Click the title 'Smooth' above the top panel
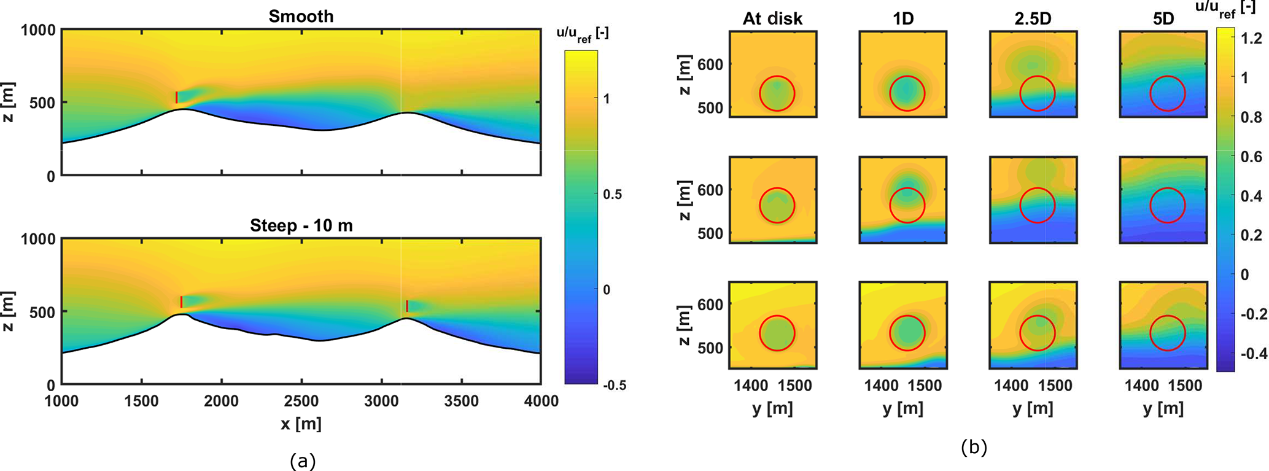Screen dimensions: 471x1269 301,17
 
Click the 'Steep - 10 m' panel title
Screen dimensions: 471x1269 301,226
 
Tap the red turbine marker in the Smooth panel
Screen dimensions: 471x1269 177,97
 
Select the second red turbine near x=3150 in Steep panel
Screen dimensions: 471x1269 406,306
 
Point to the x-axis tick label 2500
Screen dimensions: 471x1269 301,402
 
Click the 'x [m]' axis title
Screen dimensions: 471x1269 301,424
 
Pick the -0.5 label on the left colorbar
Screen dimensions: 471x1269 614,386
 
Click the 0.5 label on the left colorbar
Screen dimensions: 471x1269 612,194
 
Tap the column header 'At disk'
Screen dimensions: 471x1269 772,18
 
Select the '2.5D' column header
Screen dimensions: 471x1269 1033,18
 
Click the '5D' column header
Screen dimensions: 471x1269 1163,18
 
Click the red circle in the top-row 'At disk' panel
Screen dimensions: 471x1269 777,93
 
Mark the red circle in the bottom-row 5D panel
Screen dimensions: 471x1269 1167,333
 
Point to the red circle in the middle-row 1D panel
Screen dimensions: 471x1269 907,205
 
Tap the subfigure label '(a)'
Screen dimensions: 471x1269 301,461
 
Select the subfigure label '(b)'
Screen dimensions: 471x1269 974,447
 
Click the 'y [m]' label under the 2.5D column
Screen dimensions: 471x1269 1033,408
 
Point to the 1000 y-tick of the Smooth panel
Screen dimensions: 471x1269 38,29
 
